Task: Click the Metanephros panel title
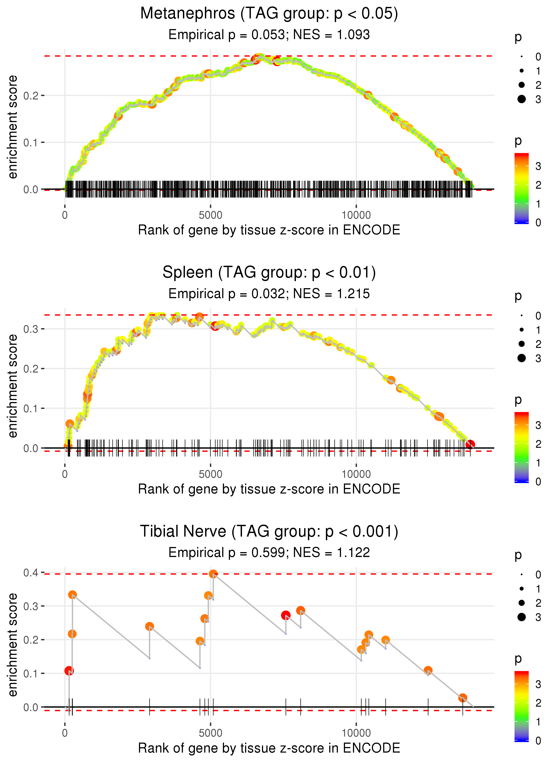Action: tap(269, 14)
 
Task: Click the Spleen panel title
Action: tap(269, 273)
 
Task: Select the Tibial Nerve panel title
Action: tap(269, 532)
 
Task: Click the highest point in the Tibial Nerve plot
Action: tap(213, 574)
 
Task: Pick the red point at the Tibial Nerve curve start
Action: tap(69, 671)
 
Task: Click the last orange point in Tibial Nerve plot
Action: tap(463, 698)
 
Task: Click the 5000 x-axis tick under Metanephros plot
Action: tap(210, 215)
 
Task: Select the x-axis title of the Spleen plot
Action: tap(269, 489)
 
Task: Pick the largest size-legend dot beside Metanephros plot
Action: tap(521, 99)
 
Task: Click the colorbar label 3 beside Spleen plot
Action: tap(538, 425)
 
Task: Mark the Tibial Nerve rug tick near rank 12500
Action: tap(428, 707)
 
